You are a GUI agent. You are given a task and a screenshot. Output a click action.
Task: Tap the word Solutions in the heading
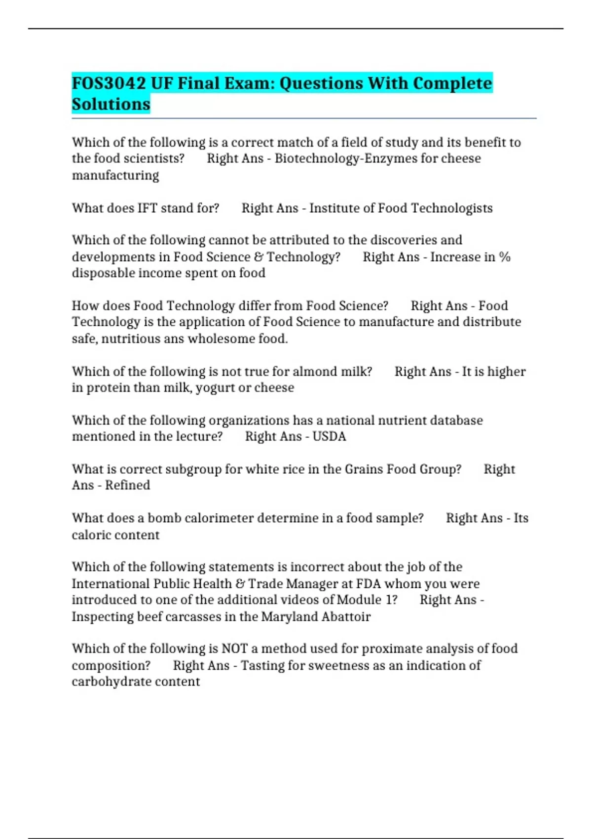tap(111, 105)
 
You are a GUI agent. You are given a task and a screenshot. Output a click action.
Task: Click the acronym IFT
tap(147, 208)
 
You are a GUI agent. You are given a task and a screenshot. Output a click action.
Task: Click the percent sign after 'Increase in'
tap(504, 257)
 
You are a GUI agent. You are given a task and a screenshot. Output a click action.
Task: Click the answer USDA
tap(329, 436)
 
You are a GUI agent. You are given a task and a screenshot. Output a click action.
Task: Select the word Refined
tap(127, 485)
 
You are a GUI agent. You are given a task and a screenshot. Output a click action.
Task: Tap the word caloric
tap(90, 535)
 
